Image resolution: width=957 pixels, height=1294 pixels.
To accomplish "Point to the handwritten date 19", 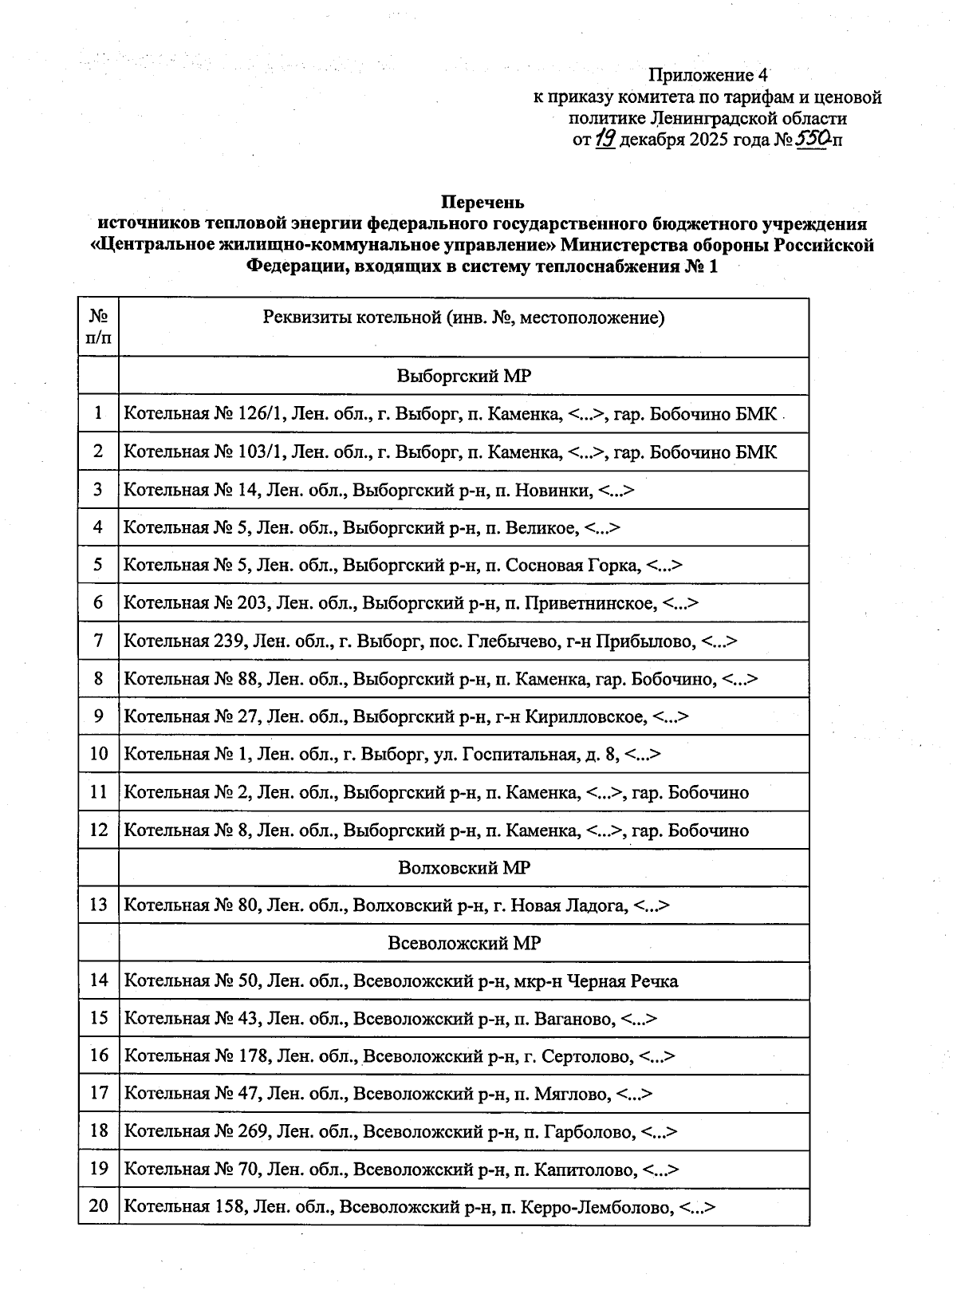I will coord(605,140).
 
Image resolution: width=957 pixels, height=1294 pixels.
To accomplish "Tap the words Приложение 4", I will coord(707,76).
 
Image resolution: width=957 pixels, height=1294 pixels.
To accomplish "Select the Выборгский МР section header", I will coord(463,376).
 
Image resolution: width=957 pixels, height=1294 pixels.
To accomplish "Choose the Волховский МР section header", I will coord(463,867).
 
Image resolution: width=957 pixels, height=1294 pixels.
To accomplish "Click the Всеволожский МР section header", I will coord(463,943).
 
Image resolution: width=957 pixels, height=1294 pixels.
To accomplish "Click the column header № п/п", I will coord(98,326).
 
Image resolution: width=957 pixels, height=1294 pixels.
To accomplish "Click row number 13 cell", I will coord(98,905).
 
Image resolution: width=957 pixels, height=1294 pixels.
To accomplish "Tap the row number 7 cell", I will coord(98,641).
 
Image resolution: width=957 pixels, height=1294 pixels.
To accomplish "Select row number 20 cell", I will coord(98,1206).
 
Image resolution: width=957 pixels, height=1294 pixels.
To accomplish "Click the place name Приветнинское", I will coord(590,603).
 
